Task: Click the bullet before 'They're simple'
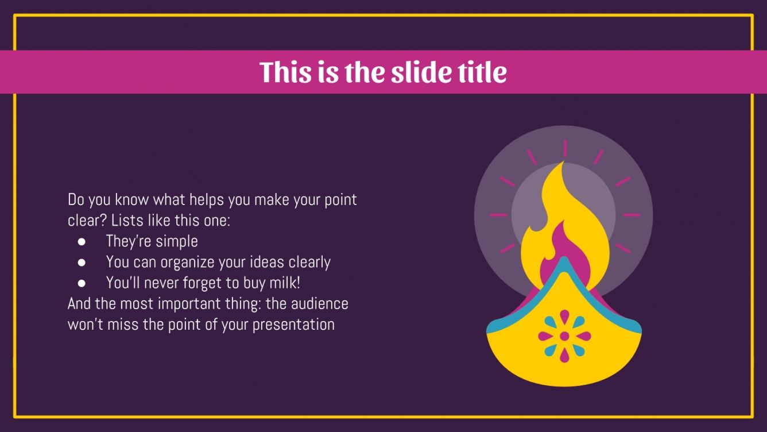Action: click(x=82, y=241)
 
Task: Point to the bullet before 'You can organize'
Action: click(x=82, y=263)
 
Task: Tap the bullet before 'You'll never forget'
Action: click(x=82, y=283)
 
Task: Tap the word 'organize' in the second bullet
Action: click(x=188, y=263)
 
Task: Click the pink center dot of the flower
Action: click(x=564, y=336)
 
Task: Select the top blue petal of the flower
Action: click(x=564, y=319)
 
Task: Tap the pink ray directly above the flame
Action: click(x=565, y=148)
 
